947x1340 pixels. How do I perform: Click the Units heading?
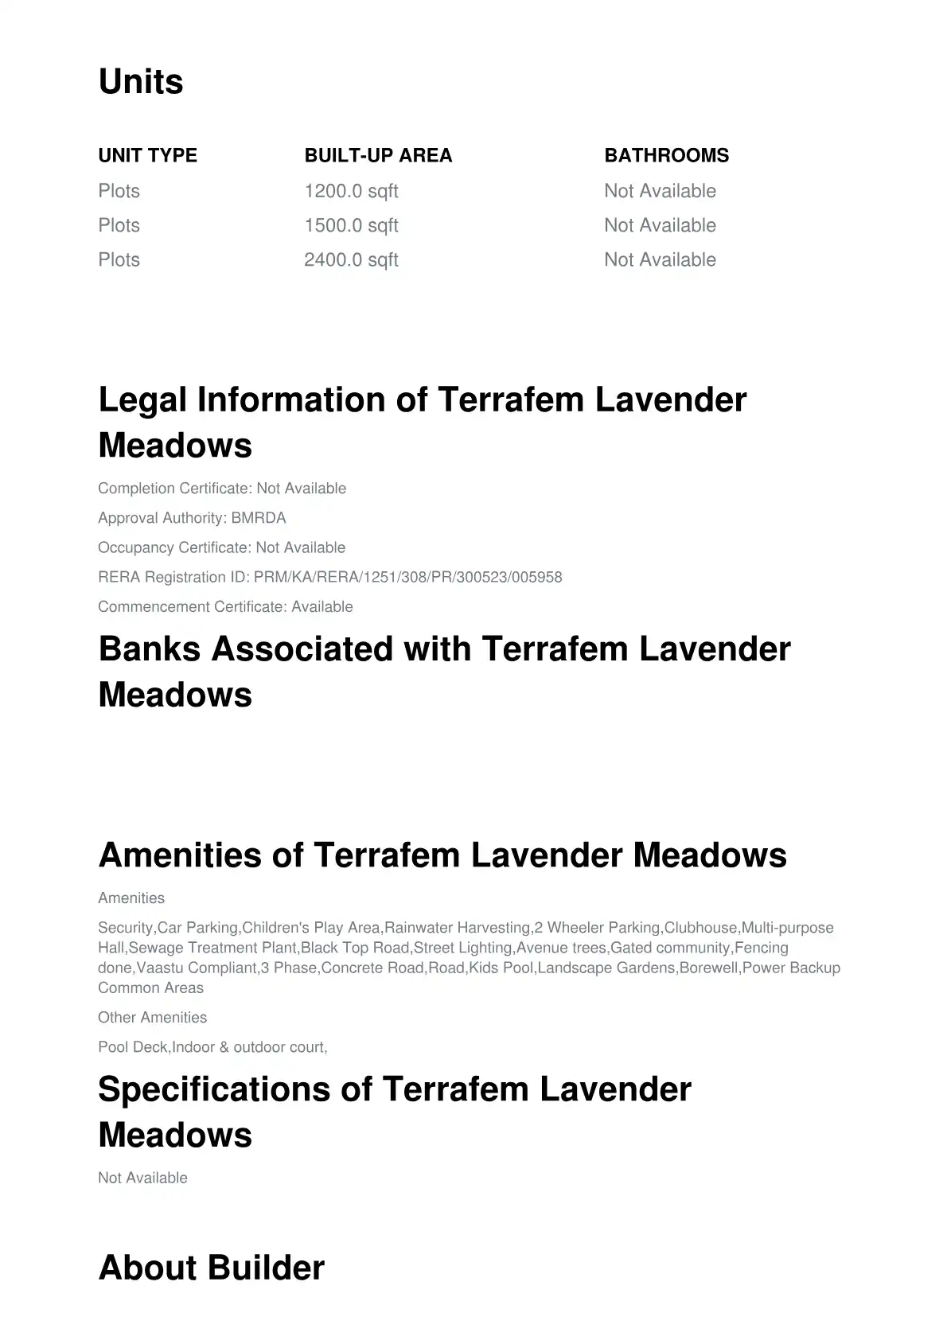[141, 82]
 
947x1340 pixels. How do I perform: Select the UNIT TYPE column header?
[147, 155]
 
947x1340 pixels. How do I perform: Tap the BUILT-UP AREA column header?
[378, 155]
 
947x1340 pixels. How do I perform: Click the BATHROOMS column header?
[666, 155]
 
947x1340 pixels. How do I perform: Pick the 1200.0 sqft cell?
[351, 191]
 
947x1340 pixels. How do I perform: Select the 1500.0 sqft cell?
[351, 225]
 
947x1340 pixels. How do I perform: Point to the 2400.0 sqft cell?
[351, 259]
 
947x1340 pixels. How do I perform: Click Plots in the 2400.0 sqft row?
[119, 259]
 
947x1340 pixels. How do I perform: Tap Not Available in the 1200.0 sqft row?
[660, 191]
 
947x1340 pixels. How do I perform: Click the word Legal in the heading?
[142, 399]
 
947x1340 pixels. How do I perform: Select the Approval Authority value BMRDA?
[258, 518]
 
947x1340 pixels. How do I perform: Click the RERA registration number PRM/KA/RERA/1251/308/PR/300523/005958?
[407, 577]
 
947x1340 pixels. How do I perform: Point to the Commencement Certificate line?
[225, 606]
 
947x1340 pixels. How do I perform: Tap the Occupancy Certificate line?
[221, 547]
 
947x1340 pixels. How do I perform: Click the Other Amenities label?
[152, 1017]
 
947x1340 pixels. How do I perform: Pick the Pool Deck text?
[133, 1047]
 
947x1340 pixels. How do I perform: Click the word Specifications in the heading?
[213, 1089]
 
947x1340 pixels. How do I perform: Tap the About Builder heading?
[211, 1268]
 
